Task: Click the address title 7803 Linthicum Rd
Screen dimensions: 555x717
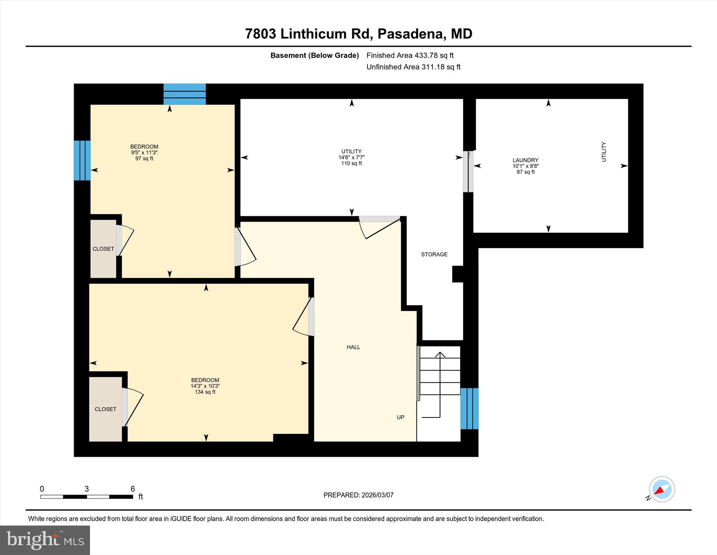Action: pos(358,34)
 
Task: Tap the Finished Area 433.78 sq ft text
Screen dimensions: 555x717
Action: pos(410,55)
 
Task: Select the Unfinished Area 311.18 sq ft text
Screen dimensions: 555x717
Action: pos(413,67)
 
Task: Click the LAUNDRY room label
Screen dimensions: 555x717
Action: pos(525,160)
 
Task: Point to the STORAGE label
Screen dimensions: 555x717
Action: pos(434,255)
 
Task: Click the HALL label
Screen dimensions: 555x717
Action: pos(353,347)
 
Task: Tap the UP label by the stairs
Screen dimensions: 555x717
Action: pos(401,417)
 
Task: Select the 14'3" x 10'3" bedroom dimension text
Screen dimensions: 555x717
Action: pos(205,386)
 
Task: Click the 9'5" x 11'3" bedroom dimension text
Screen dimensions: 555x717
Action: pos(144,153)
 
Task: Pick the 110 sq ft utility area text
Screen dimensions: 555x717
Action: pos(351,163)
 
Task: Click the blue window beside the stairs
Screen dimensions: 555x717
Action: pos(469,408)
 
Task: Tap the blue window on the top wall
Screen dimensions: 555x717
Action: pos(185,94)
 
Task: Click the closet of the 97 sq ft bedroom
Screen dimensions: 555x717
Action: pos(103,249)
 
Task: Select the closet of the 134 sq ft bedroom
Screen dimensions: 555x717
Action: pos(105,409)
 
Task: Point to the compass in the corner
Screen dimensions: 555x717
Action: pos(661,489)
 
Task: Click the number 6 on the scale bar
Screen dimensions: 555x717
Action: pos(133,489)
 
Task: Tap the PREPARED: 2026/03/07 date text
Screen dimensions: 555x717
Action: pos(358,495)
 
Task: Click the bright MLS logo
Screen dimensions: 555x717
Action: pos(45,540)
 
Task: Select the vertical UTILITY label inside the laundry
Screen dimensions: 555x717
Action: pos(604,152)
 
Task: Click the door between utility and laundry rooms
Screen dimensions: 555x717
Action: pos(468,171)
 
